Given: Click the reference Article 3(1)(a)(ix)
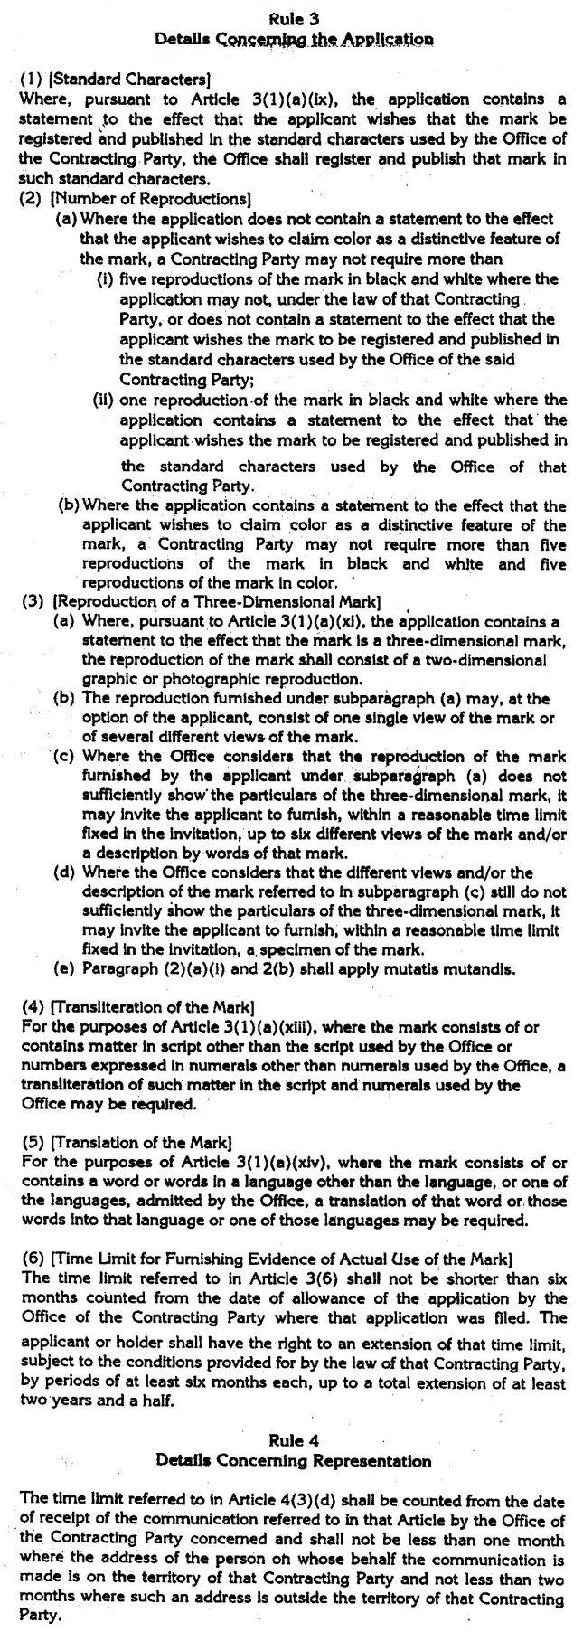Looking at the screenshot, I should tap(288, 99).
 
